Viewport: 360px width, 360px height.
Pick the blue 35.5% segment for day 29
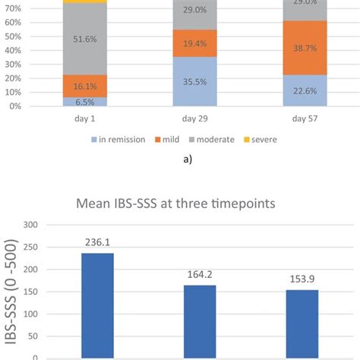coord(195,83)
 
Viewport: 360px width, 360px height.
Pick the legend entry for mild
coord(172,139)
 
